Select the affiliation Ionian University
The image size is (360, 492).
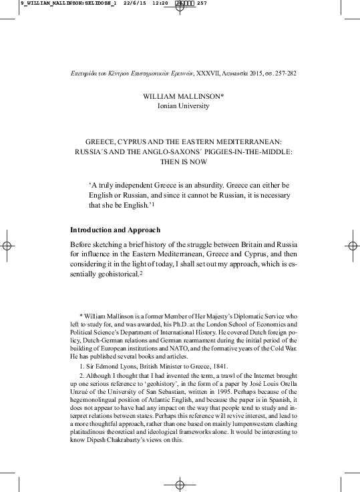pyautogui.click(x=183, y=105)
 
